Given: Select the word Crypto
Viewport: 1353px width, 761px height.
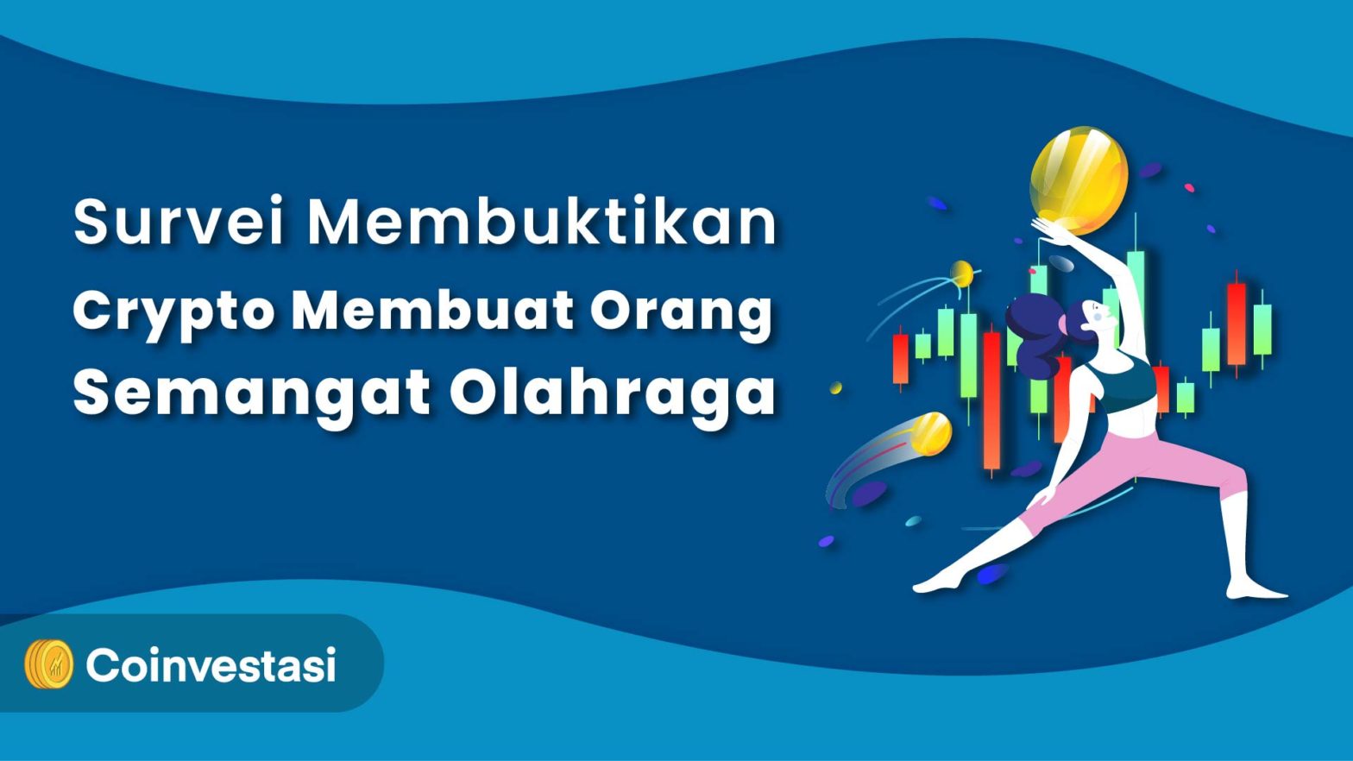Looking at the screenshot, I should tap(173, 311).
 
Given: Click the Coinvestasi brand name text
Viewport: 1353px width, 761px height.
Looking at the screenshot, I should tap(211, 665).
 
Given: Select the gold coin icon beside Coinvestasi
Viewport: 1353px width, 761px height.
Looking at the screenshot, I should tap(49, 664).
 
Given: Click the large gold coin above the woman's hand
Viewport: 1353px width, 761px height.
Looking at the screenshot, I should tap(1079, 179).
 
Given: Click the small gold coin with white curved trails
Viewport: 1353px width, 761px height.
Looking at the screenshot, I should tap(961, 274).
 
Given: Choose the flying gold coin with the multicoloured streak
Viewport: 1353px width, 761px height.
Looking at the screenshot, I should tap(930, 433).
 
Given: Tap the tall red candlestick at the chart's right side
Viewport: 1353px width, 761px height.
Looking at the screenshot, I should tap(1237, 323).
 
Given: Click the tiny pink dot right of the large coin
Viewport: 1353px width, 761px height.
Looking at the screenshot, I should tap(1189, 187).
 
